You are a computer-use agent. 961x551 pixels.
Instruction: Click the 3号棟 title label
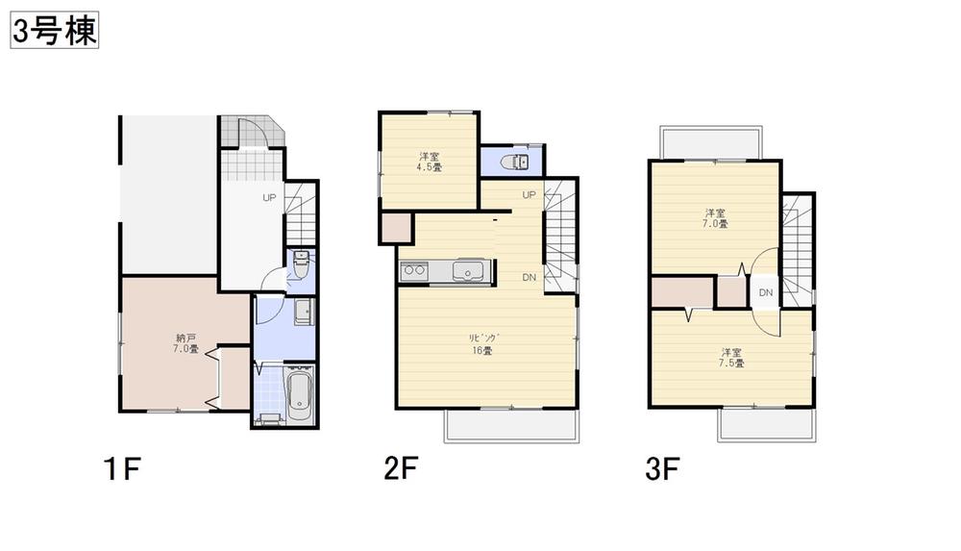click(x=55, y=32)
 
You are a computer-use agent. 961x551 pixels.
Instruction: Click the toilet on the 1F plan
click(x=299, y=264)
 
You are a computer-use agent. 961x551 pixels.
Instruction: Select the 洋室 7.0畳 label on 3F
click(x=715, y=218)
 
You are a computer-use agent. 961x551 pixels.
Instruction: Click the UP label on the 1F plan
click(x=271, y=198)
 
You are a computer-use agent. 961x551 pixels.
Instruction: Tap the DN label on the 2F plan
click(x=529, y=277)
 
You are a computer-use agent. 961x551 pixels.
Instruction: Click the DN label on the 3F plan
click(x=765, y=292)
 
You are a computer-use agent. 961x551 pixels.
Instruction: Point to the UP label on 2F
click(x=529, y=195)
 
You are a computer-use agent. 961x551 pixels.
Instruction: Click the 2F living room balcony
click(x=511, y=425)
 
